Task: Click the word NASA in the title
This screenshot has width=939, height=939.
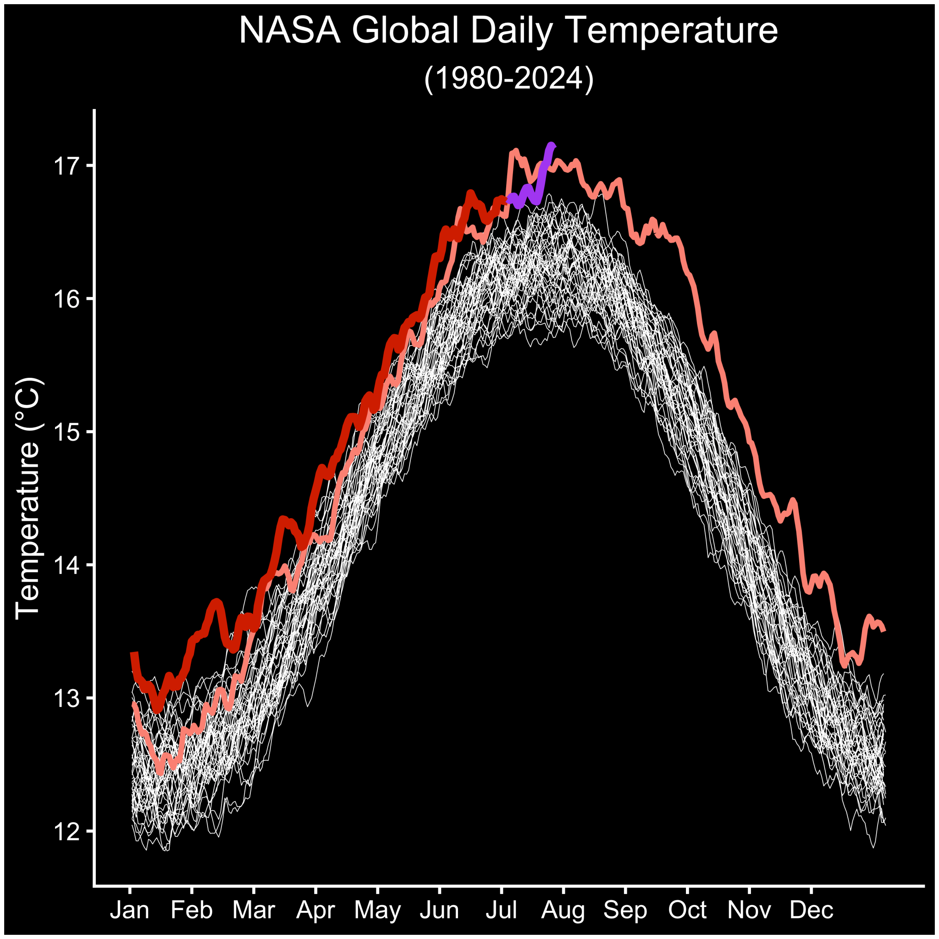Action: [x=290, y=31]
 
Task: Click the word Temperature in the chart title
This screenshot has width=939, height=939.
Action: [x=673, y=31]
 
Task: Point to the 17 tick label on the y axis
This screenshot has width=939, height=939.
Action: [x=66, y=166]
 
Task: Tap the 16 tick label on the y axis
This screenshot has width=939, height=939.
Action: [x=66, y=299]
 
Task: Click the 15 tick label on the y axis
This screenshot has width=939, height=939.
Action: [x=66, y=432]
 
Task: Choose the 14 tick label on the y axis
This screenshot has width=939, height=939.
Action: [x=66, y=565]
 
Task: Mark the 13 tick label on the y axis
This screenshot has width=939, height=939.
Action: [x=66, y=698]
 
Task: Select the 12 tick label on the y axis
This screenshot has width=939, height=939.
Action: [x=66, y=832]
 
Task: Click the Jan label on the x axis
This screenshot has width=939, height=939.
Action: [x=129, y=910]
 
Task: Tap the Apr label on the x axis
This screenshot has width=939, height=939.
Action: [x=315, y=910]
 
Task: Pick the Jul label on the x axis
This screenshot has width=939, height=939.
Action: [x=501, y=910]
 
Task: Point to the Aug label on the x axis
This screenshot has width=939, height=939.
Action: [x=563, y=910]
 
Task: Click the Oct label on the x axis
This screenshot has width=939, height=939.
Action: [x=687, y=910]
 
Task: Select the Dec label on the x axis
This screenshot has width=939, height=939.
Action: [x=811, y=910]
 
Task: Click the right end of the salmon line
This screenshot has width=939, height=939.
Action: [x=884, y=630]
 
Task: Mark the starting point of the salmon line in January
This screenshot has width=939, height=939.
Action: [x=134, y=703]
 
